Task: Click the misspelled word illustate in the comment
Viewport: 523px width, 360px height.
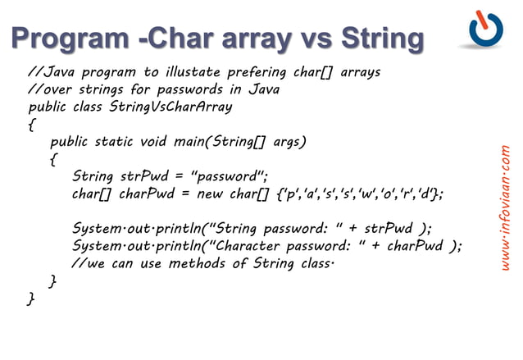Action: pos(193,72)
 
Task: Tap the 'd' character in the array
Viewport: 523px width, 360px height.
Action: pos(428,194)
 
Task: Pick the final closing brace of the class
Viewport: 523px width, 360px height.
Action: pos(31,299)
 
